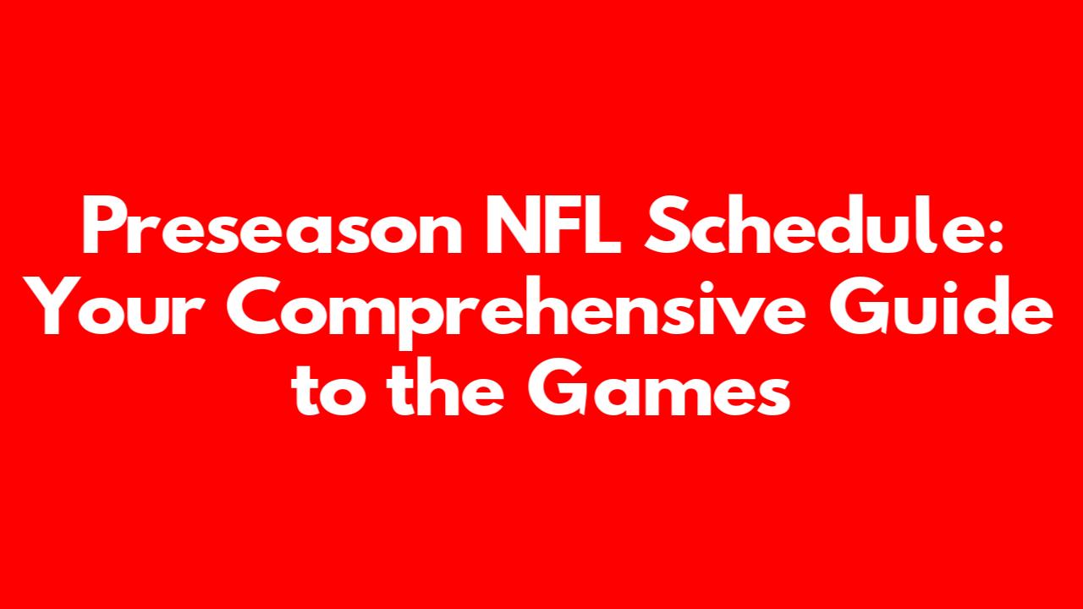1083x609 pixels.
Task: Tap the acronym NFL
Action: coord(553,225)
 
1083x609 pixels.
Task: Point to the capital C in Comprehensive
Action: coord(255,306)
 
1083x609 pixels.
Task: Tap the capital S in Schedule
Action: coord(666,225)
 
